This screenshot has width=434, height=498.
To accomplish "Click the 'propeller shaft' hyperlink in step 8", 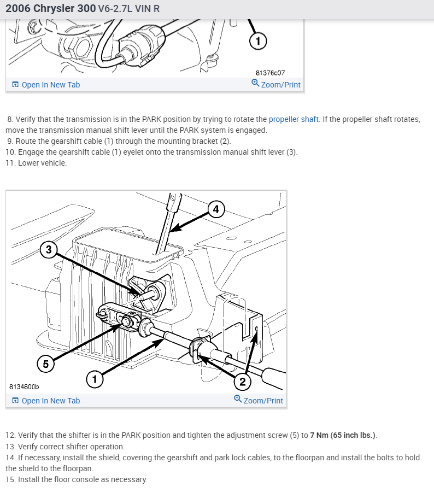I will click(294, 119).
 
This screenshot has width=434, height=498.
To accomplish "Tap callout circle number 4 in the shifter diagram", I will click(216, 209).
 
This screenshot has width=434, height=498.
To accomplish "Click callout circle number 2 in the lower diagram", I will click(242, 381).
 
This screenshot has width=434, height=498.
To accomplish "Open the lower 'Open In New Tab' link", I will click(50, 401).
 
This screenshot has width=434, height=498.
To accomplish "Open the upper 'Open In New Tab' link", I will click(50, 85).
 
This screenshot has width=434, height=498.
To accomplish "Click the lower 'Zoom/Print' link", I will click(263, 401).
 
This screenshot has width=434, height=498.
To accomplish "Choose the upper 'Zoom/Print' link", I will click(280, 85).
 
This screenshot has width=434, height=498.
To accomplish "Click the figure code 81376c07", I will click(270, 73).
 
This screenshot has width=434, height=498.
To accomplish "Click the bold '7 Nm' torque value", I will click(319, 435).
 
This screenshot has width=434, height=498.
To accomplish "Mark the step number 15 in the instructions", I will click(10, 479).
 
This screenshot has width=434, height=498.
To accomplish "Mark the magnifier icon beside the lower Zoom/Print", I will click(238, 400).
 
